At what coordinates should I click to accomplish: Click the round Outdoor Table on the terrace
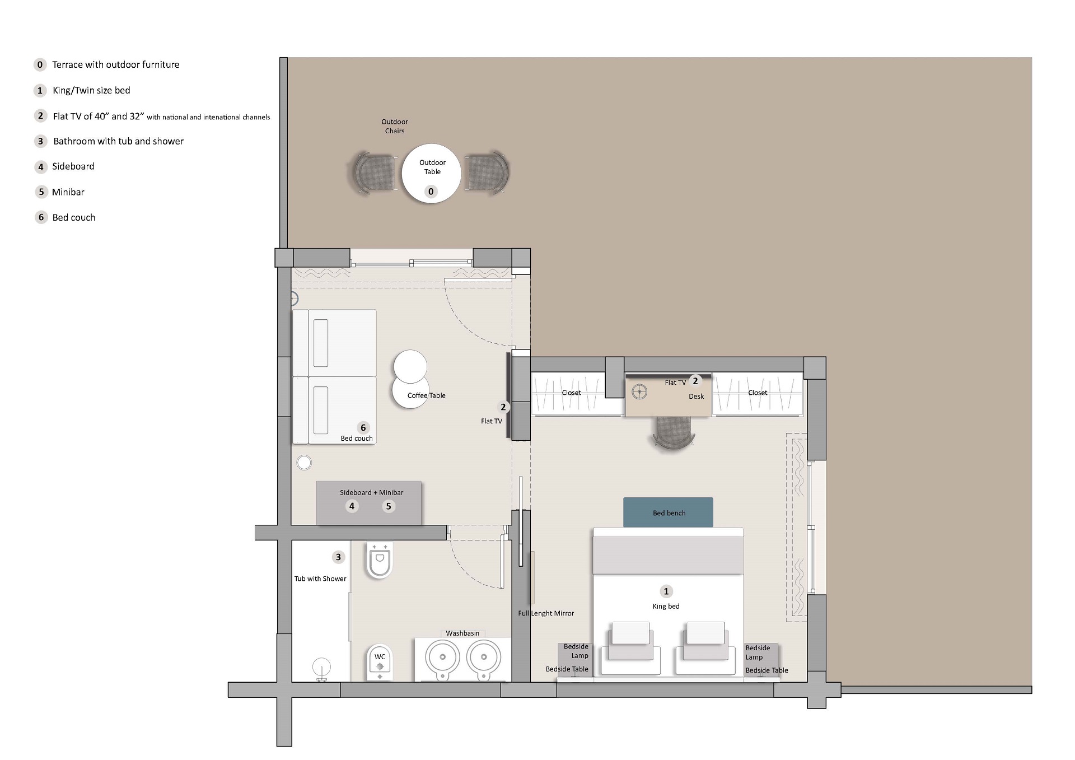[431, 173]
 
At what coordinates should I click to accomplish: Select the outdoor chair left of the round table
[373, 172]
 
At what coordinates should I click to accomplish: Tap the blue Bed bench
[668, 512]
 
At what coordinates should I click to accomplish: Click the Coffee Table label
[426, 395]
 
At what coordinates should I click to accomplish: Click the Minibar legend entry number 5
[41, 192]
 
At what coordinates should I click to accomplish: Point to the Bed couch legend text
[73, 217]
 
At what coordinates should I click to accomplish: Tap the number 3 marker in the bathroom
[338, 557]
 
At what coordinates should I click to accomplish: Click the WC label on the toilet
[380, 656]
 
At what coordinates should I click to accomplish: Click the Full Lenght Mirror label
[546, 613]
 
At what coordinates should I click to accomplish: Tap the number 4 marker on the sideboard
[352, 506]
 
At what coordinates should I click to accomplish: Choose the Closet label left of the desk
[571, 393]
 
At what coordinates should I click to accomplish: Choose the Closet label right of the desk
[758, 393]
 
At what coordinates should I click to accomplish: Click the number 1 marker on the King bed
[666, 591]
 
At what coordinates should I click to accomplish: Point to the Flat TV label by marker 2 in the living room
[491, 421]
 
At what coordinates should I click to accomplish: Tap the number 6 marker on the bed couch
[363, 428]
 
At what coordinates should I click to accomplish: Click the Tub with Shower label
[320, 579]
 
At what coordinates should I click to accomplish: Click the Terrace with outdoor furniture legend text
[115, 64]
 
